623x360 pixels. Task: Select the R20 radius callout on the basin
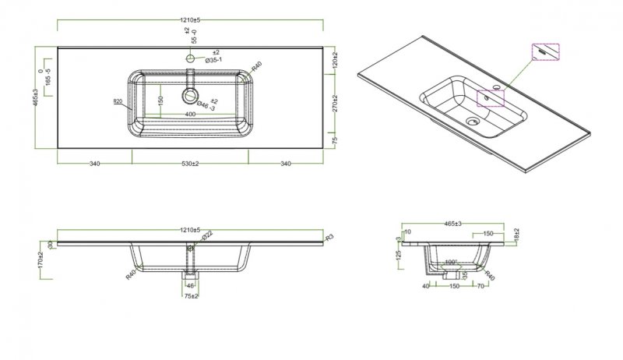[x=119, y=101]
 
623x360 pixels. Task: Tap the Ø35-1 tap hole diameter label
[x=216, y=60]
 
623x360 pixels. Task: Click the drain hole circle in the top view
[x=189, y=96]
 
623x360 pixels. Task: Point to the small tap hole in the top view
[x=189, y=58]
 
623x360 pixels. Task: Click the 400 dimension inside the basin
[x=190, y=114]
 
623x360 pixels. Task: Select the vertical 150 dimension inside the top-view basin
[x=160, y=101]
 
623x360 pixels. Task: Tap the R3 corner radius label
[x=329, y=237]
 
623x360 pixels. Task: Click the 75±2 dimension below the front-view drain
[x=190, y=297]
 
